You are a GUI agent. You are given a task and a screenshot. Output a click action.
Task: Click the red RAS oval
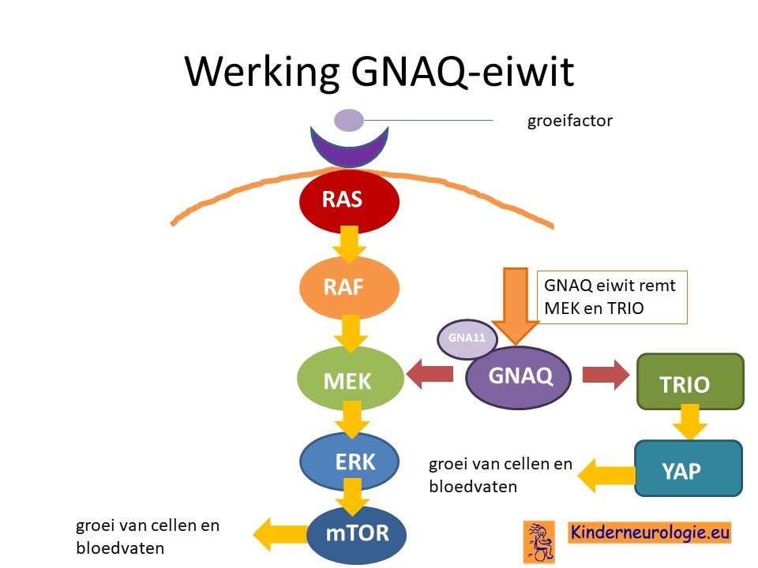[x=349, y=201]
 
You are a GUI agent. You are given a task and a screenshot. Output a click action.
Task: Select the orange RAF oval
[x=349, y=288]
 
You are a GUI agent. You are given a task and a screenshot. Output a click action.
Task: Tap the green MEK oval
[x=350, y=379]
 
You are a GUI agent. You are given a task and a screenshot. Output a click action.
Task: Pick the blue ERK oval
[x=349, y=461]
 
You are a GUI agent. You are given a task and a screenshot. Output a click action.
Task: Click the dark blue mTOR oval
[x=356, y=534]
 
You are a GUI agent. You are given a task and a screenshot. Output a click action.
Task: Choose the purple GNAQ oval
[x=518, y=377]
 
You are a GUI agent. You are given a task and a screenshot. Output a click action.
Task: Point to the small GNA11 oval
[x=467, y=338]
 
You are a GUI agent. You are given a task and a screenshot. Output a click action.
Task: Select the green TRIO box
[x=690, y=382]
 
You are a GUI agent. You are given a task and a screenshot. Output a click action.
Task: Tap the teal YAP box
[x=689, y=469]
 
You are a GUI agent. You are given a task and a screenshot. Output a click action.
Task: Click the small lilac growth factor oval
[x=349, y=120]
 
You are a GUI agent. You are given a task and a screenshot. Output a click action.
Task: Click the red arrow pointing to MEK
[x=430, y=373]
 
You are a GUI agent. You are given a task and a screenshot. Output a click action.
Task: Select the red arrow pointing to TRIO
[x=606, y=374]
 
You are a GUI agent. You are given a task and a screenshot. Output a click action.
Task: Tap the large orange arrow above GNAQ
[x=516, y=306]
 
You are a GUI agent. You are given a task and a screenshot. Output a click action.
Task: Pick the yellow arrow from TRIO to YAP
[x=690, y=421]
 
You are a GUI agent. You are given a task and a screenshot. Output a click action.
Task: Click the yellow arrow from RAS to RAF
[x=349, y=245]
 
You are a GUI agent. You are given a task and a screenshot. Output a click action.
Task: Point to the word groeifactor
[x=569, y=120]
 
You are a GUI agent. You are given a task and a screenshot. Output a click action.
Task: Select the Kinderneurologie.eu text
[x=649, y=532]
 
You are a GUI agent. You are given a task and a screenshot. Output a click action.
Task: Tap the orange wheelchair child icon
[x=539, y=542]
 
